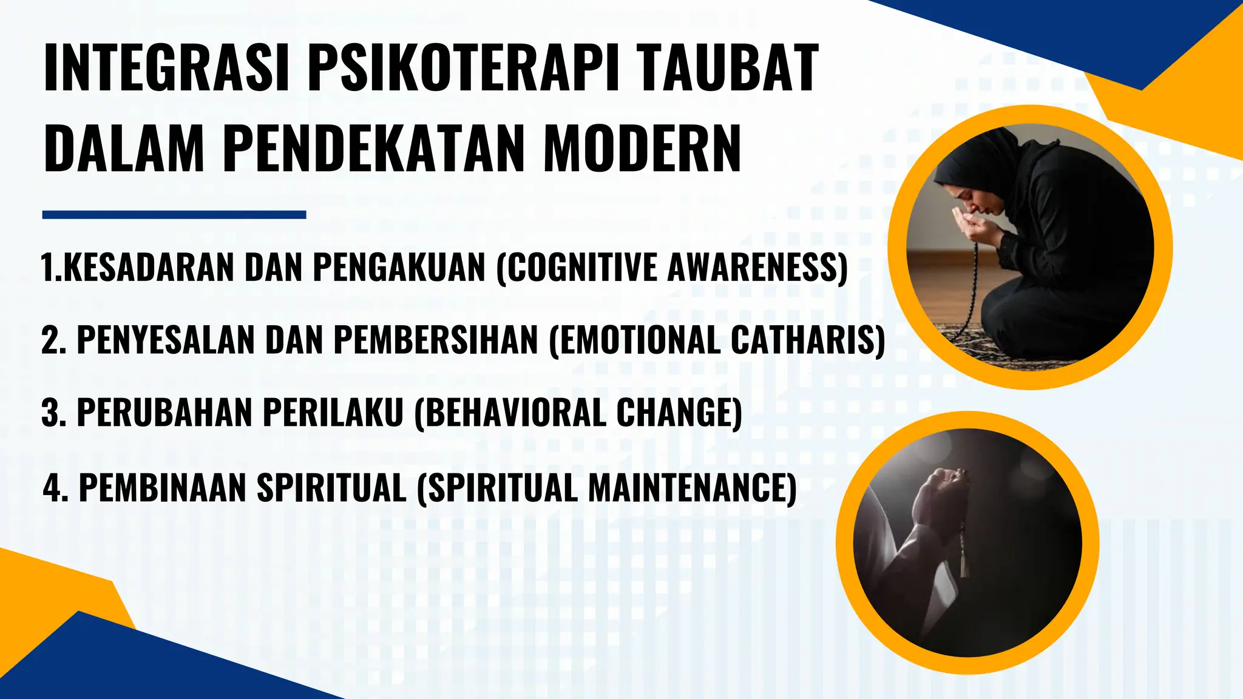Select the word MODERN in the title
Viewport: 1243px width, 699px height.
click(x=642, y=149)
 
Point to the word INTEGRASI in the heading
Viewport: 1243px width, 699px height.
click(x=165, y=68)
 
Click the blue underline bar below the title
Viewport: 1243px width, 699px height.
click(x=174, y=215)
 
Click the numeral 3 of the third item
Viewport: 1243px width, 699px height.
click(x=51, y=413)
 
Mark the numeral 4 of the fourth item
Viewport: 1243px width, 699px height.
click(x=53, y=487)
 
